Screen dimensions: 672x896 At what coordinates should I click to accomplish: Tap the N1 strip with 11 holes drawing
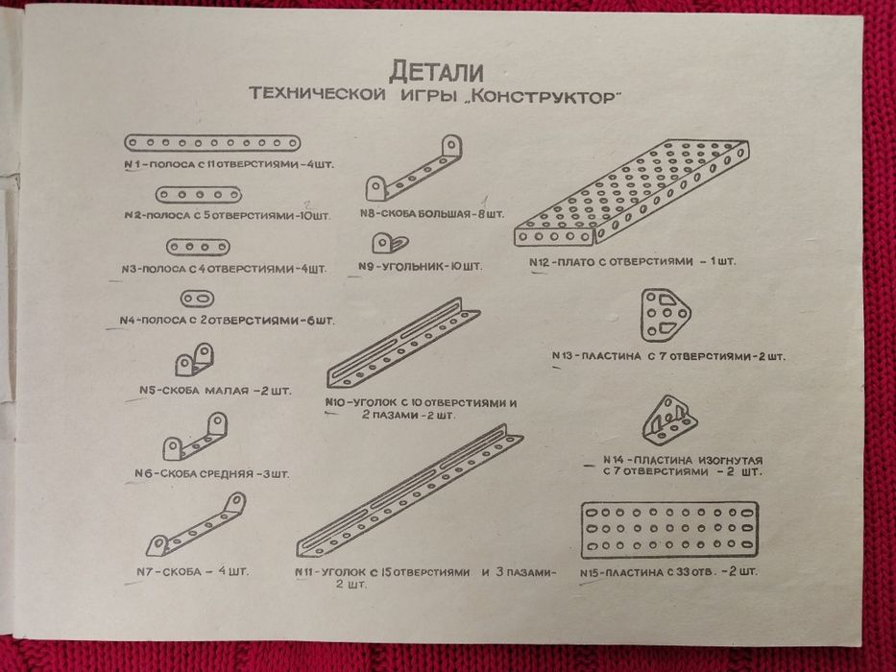(x=227, y=144)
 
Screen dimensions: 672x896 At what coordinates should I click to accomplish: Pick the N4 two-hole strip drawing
(x=197, y=299)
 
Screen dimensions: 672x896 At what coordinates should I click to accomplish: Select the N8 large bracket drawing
(x=413, y=168)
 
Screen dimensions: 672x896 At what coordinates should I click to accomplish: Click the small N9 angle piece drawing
(x=388, y=241)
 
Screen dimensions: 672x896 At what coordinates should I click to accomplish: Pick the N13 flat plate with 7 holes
(x=664, y=315)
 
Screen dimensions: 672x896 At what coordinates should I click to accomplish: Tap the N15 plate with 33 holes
(x=669, y=529)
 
